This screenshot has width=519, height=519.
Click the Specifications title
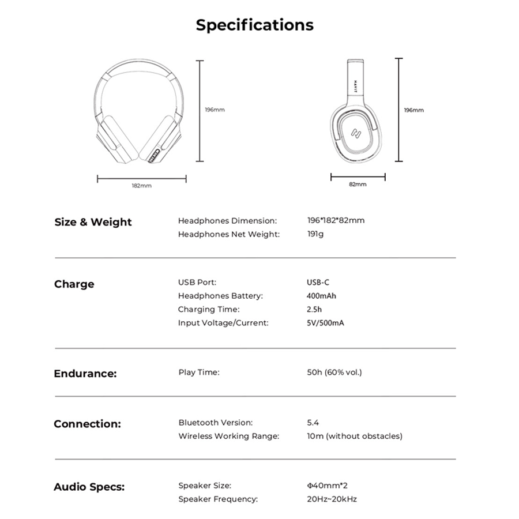tap(254, 25)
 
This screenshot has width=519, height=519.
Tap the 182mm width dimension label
tap(141, 186)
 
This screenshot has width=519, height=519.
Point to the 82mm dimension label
tap(358, 185)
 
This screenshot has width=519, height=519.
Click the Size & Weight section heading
tap(93, 222)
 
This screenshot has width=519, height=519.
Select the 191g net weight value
tap(315, 234)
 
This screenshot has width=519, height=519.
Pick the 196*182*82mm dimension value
tap(336, 220)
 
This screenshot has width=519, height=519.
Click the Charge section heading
tap(74, 284)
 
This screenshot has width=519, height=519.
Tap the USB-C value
tap(318, 283)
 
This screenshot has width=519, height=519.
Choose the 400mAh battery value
tap(321, 296)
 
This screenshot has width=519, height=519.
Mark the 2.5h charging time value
tap(314, 310)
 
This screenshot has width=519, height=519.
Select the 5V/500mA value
tap(325, 323)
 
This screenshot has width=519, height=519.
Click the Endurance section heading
tap(85, 374)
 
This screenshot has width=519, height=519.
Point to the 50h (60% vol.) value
tap(334, 373)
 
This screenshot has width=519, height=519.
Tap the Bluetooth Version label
tap(215, 423)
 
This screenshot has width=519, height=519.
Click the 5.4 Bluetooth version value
tap(313, 423)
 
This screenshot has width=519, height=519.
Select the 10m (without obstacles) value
tap(355, 436)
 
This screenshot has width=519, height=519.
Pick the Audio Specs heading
tap(88, 487)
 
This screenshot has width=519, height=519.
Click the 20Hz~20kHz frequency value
tap(332, 499)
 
